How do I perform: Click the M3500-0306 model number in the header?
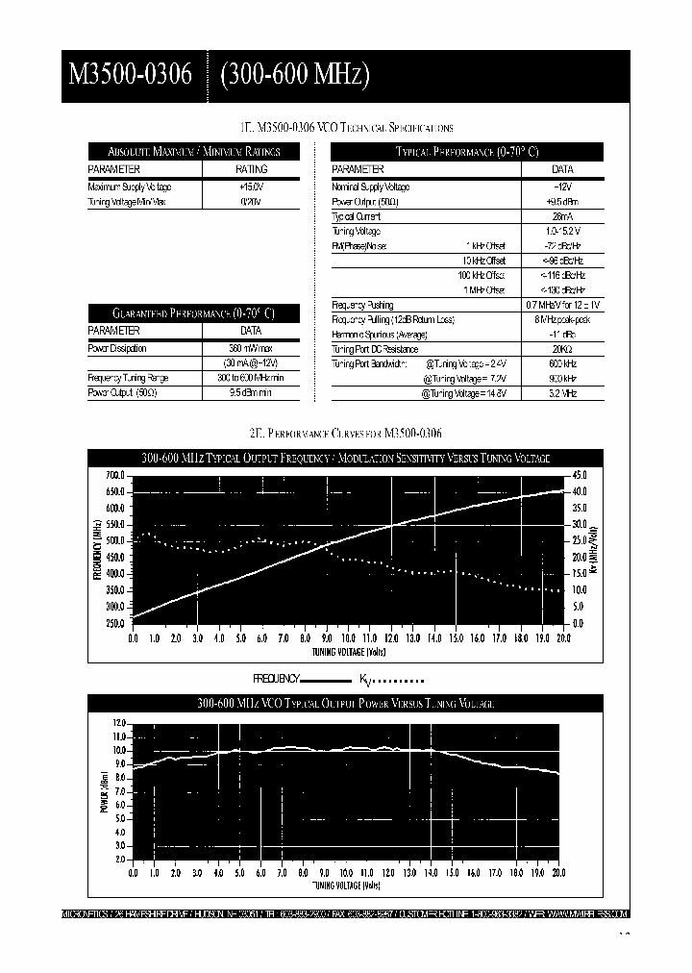pyautogui.click(x=131, y=75)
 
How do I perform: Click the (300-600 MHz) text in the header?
pyautogui.click(x=295, y=75)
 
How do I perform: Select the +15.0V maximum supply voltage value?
pyautogui.click(x=252, y=187)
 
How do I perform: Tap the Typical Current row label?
pyautogui.click(x=356, y=216)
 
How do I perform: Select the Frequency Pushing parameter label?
pyautogui.click(x=362, y=305)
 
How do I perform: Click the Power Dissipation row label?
pyautogui.click(x=116, y=348)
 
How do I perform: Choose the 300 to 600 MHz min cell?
pyautogui.click(x=250, y=378)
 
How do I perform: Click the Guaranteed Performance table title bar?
pyautogui.click(x=194, y=313)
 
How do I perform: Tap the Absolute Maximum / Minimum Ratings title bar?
pyautogui.click(x=194, y=152)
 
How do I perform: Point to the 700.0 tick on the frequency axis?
pyautogui.click(x=114, y=476)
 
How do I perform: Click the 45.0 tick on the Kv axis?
pyautogui.click(x=580, y=476)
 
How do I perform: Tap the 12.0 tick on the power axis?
pyautogui.click(x=119, y=723)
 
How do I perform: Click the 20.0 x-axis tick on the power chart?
pyautogui.click(x=558, y=873)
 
